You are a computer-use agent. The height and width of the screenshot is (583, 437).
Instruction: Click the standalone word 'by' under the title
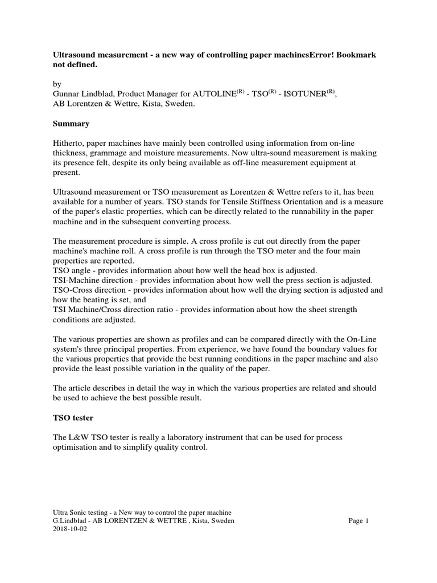[x=57, y=84]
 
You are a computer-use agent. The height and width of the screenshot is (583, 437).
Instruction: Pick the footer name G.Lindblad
[x=72, y=520]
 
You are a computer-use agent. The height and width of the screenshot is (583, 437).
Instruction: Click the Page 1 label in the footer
[x=358, y=520]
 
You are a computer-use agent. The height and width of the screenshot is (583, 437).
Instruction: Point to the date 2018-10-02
[x=71, y=528]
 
